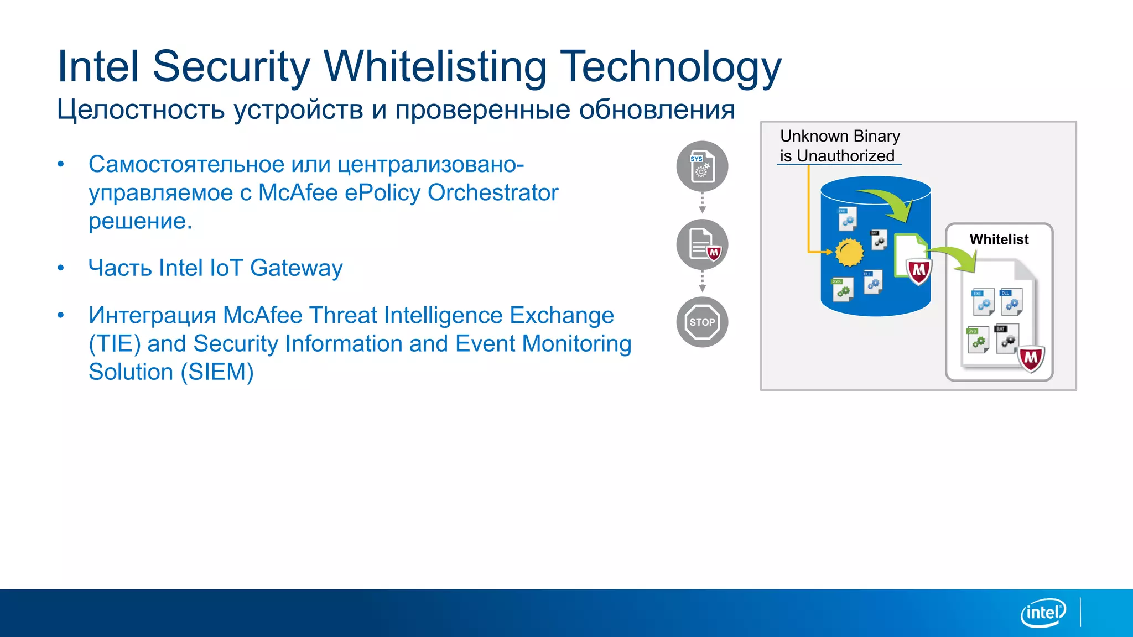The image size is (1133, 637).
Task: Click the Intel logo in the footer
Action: pos(1043,613)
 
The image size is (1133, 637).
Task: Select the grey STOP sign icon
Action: pos(702,322)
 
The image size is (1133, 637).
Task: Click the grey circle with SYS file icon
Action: pos(702,166)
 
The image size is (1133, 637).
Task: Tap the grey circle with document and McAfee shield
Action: pos(702,244)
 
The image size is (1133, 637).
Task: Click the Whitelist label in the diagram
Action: pos(999,239)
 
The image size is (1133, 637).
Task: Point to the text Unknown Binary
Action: pos(840,136)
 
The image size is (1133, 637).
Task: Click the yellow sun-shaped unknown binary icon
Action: pos(849,252)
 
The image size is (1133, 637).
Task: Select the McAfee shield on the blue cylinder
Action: pos(919,271)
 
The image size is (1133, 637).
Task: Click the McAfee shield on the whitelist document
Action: pos(1031,359)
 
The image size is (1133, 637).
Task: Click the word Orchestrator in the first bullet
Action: pos(493,193)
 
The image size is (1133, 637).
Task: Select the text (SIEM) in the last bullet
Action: pos(217,372)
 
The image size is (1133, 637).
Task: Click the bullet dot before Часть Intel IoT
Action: pos(61,268)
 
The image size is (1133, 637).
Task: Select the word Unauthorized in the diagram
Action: pos(845,156)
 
